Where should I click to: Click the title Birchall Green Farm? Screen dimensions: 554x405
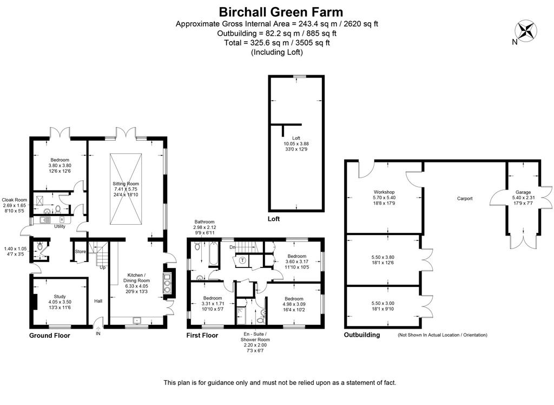[x=281, y=12]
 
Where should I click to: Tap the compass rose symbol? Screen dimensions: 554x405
[x=526, y=30]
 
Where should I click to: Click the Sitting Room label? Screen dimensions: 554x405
[x=126, y=184]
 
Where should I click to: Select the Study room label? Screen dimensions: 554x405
[x=60, y=296]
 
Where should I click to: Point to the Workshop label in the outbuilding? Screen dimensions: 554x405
[x=384, y=192]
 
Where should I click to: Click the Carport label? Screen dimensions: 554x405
[x=465, y=198]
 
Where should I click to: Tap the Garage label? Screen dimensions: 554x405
[x=523, y=192]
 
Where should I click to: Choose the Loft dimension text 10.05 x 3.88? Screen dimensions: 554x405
[x=296, y=143]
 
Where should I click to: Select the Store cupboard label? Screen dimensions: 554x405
[x=80, y=251]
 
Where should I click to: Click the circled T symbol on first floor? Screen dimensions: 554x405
[x=242, y=260]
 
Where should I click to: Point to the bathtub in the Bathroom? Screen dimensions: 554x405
[x=213, y=254]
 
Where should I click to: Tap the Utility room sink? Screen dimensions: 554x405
[x=45, y=220]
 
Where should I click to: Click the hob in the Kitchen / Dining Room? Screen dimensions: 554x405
[x=167, y=283]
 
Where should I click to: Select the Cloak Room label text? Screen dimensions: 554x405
[x=15, y=200]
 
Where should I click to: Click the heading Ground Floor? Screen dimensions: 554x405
[x=49, y=336]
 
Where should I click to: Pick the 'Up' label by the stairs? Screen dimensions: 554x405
[x=102, y=267]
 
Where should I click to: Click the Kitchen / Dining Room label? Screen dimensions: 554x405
[x=136, y=278]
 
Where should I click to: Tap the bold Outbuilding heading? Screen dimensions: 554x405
[x=362, y=335]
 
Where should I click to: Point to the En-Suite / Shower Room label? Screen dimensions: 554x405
[x=255, y=337]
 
